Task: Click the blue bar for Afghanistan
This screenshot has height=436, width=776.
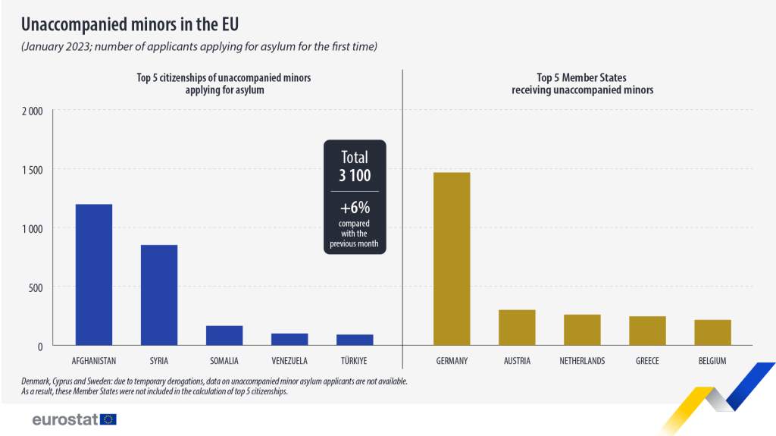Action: [94, 274]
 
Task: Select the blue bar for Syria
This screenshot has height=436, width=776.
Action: [159, 295]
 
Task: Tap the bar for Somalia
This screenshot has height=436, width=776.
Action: [224, 335]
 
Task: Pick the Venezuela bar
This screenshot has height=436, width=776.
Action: [289, 339]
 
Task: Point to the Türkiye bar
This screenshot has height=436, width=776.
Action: [355, 340]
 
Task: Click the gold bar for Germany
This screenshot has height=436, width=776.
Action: [452, 259]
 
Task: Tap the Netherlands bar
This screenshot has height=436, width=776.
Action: [582, 330]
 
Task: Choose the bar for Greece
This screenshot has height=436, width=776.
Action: [647, 331]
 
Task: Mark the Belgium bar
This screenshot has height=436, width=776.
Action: [712, 332]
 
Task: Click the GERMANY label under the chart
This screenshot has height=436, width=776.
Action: [452, 361]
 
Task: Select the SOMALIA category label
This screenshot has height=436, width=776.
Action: [224, 361]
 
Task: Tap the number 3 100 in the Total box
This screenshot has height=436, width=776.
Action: [355, 176]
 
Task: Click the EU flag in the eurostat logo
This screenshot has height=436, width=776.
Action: [108, 419]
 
